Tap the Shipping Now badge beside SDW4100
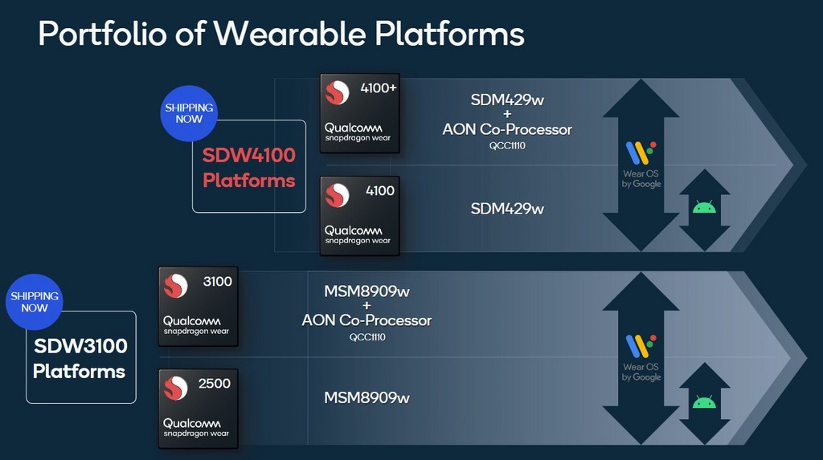click(x=190, y=113)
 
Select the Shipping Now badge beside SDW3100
click(x=35, y=302)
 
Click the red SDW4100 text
click(x=249, y=155)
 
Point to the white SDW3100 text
click(x=80, y=347)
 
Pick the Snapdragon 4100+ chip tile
click(x=359, y=112)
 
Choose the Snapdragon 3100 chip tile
click(x=199, y=306)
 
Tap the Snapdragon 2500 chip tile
click(x=199, y=408)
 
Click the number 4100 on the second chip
click(x=380, y=191)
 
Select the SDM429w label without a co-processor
click(x=507, y=209)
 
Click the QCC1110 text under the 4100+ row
click(x=507, y=145)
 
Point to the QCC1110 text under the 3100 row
click(x=367, y=337)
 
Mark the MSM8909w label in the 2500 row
click(x=366, y=397)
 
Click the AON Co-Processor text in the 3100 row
click(x=366, y=320)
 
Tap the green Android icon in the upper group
click(x=704, y=207)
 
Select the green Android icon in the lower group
click(x=704, y=401)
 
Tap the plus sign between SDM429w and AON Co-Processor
click(x=507, y=114)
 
